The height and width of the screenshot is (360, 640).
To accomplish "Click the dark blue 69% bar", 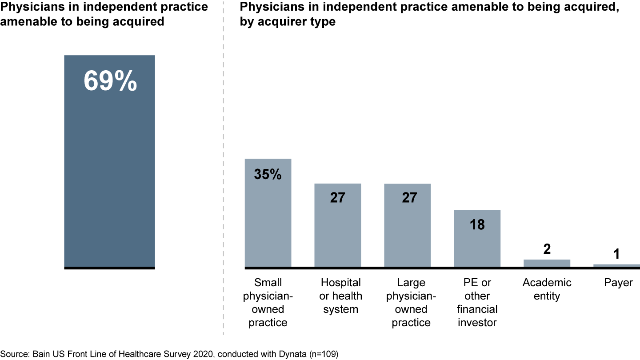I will click(109, 178).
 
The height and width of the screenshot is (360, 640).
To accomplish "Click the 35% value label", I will click(268, 175).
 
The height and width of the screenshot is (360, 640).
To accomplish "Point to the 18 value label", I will click(477, 224).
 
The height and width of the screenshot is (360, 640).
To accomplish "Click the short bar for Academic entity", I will click(547, 263).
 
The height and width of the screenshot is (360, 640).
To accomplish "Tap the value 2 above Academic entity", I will click(547, 249).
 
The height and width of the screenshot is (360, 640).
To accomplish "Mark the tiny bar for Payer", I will click(616, 265).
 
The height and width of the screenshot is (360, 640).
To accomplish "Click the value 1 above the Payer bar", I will click(616, 254).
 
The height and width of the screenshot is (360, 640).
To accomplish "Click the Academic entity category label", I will click(547, 289).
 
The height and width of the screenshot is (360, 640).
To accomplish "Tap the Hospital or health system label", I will click(341, 296).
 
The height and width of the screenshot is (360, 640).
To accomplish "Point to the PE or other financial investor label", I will click(477, 302).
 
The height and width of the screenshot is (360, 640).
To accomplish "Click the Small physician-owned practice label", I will click(268, 302).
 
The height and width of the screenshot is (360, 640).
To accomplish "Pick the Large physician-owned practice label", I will click(411, 302).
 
